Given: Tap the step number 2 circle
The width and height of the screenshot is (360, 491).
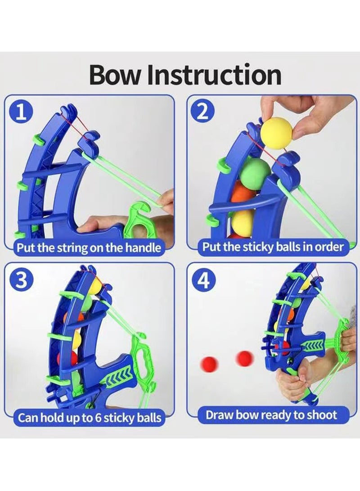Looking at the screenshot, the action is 203,112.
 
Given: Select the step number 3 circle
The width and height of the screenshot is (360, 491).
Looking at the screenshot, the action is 21,281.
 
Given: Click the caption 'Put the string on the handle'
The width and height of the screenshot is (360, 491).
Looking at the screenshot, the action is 89,248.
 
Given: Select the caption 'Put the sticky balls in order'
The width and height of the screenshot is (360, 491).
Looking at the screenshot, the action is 273,247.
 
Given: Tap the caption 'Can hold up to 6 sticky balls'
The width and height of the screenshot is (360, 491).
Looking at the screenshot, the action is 89,417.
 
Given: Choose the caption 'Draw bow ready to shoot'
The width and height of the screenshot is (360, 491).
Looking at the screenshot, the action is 271,415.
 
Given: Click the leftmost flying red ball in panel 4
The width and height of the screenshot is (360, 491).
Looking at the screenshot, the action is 209,364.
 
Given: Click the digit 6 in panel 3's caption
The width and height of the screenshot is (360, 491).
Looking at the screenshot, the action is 97,418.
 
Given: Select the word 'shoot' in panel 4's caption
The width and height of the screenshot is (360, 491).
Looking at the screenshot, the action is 322,415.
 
